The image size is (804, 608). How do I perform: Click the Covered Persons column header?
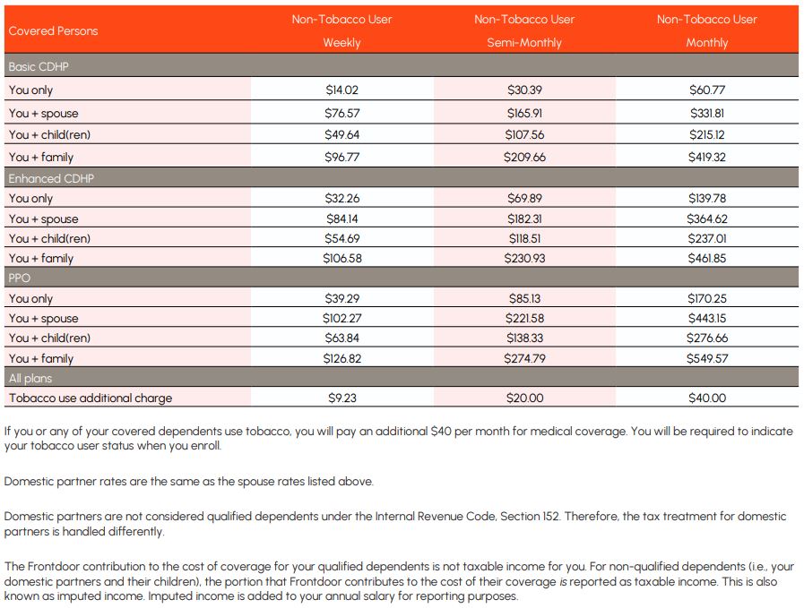[x=53, y=31]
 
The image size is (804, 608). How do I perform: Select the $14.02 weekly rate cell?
[x=341, y=90]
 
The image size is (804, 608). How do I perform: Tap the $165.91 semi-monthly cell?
[x=524, y=114]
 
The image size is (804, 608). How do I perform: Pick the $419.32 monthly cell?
[x=706, y=158]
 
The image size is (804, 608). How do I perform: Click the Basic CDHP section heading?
[x=39, y=67]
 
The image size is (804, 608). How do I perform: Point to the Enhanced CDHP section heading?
[x=51, y=178]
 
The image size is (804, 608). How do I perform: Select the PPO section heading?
[x=20, y=278]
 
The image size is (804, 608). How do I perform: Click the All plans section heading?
[x=30, y=379]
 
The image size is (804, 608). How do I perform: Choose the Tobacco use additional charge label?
[x=91, y=398]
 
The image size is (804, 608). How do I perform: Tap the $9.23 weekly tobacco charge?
[x=341, y=398]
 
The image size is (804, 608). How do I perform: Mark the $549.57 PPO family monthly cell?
[x=706, y=358]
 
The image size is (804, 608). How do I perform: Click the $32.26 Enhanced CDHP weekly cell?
[x=341, y=199]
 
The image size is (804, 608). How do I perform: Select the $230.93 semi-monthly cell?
[x=524, y=258]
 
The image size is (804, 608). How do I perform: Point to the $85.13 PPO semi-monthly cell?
[x=524, y=299]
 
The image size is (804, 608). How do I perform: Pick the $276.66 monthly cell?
[x=706, y=338]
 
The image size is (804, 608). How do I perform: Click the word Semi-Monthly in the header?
[x=524, y=43]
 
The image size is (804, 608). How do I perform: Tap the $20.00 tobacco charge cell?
[x=524, y=398]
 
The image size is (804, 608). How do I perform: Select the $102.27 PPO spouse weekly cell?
[x=341, y=319]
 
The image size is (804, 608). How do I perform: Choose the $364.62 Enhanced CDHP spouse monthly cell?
[x=706, y=219]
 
